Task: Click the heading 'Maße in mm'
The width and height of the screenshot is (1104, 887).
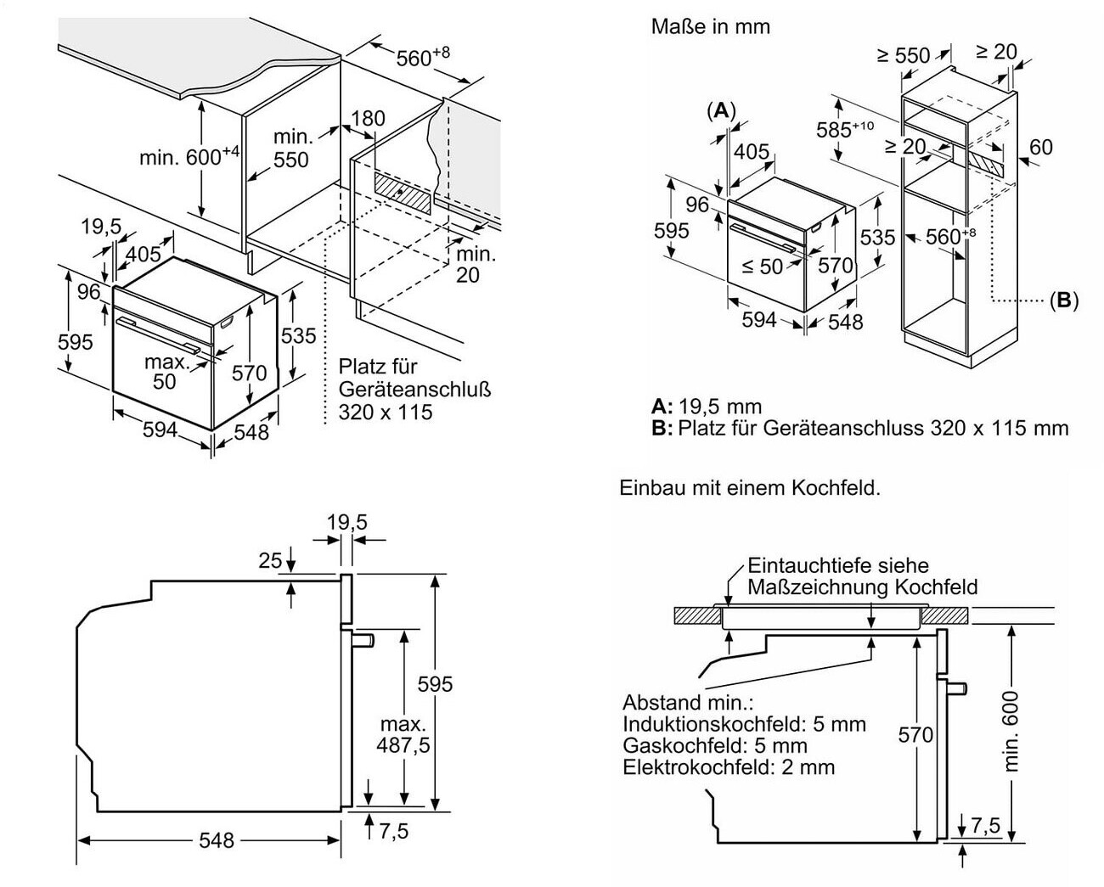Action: (x=710, y=26)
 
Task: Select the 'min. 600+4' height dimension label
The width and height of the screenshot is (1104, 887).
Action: (x=189, y=157)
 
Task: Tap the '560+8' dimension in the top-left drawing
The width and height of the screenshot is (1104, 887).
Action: (x=422, y=57)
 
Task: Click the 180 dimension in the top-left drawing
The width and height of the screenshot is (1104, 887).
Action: (x=368, y=119)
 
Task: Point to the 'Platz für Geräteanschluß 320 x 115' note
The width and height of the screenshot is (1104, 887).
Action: (x=414, y=390)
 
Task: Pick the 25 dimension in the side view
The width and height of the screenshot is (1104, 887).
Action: (x=270, y=561)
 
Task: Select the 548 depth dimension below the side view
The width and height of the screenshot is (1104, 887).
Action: (x=217, y=839)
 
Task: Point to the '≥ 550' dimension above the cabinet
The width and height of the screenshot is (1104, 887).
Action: (x=903, y=55)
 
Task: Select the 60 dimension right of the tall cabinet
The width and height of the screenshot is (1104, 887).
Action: (x=1040, y=147)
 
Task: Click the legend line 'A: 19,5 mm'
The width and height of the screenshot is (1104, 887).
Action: (x=707, y=406)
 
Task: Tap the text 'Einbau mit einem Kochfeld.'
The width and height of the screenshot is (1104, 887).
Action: (x=750, y=488)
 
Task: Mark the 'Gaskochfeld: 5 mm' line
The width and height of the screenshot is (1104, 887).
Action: (x=714, y=745)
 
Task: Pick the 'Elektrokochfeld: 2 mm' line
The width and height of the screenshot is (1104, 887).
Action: (x=728, y=767)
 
